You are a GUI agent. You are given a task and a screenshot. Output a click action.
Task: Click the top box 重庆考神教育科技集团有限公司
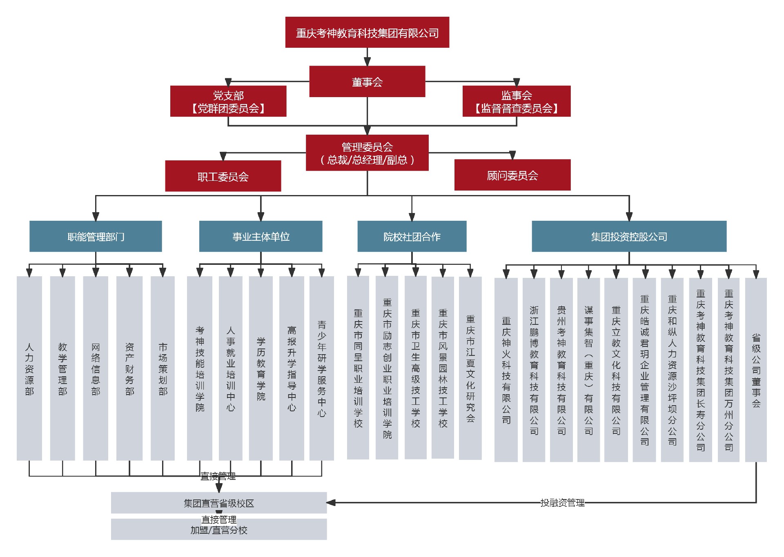(367, 32)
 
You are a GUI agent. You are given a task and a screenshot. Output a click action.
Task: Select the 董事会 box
(367, 82)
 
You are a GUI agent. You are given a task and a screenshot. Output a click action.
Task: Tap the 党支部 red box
(228, 101)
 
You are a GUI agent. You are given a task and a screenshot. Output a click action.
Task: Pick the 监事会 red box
(516, 101)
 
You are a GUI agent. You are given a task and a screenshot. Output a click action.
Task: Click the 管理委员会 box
(367, 153)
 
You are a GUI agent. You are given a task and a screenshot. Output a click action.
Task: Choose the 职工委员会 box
(223, 176)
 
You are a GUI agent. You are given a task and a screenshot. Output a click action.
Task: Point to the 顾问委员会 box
(512, 175)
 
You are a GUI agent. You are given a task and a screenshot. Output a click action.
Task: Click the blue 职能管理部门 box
(96, 236)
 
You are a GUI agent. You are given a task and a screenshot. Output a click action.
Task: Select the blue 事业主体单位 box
(261, 236)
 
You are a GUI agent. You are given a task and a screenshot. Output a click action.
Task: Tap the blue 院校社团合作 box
(412, 236)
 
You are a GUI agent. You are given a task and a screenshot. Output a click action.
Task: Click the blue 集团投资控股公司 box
(629, 236)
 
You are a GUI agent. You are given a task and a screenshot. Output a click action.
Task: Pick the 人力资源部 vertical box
(29, 368)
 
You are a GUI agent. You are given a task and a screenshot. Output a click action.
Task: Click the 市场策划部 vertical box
(163, 368)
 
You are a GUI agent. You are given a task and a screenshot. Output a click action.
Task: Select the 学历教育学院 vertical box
(261, 368)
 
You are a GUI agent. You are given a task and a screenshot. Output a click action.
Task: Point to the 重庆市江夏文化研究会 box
(470, 368)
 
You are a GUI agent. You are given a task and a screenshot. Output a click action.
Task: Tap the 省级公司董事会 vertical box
(756, 370)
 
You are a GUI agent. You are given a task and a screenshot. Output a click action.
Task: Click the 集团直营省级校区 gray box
(219, 503)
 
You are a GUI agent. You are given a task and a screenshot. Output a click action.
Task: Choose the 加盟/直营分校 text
(219, 530)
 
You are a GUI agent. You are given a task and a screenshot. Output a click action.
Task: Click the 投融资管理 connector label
(562, 503)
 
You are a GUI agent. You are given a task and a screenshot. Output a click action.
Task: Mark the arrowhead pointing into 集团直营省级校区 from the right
(331, 503)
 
